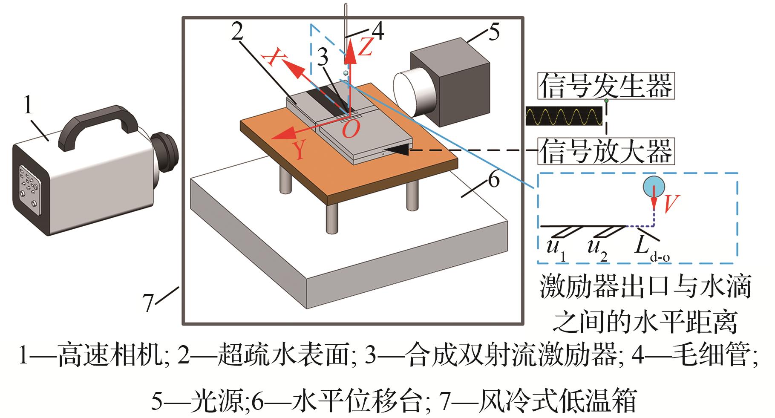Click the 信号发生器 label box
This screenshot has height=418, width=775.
point(605,86)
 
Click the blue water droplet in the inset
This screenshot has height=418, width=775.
point(654,186)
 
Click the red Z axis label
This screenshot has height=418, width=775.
point(365,46)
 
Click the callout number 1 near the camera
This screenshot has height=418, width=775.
point(28,105)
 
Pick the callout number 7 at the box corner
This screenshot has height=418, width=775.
point(148,303)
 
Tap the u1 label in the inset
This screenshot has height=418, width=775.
point(556,249)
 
